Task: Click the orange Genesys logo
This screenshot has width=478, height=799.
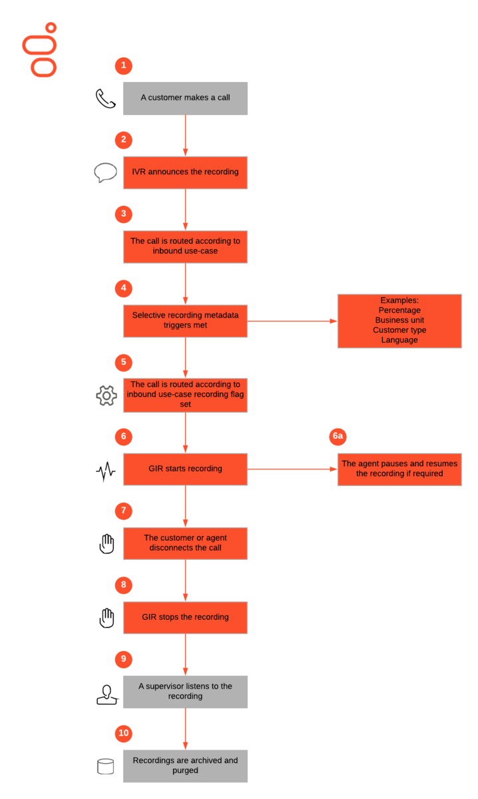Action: [39, 49]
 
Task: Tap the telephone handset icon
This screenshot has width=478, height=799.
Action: [106, 99]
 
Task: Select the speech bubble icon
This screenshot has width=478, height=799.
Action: [105, 172]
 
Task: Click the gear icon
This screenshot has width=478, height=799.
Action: [107, 396]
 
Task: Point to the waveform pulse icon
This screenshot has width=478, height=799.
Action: [106, 471]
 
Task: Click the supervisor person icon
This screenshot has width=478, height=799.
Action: [107, 694]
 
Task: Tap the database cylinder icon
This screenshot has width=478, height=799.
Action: [106, 766]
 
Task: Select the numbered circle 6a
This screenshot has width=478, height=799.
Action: [338, 436]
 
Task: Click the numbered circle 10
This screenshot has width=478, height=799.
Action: [123, 733]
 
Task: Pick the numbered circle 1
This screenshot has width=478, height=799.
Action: [123, 66]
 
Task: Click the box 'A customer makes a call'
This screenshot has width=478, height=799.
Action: [185, 99]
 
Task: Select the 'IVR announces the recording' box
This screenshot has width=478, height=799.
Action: [185, 172]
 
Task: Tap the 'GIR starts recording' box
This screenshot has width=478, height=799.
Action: [185, 469]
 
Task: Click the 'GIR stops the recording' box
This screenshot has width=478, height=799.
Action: [185, 618]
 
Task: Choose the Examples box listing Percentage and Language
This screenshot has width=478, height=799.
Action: [399, 321]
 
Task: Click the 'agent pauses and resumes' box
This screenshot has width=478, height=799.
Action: [399, 469]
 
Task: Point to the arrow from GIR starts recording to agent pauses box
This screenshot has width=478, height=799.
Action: [292, 469]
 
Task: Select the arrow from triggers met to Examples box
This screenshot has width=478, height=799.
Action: [292, 321]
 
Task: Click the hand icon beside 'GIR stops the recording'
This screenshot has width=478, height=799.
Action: [107, 618]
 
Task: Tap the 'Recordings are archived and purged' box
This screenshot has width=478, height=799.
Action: [185, 766]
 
